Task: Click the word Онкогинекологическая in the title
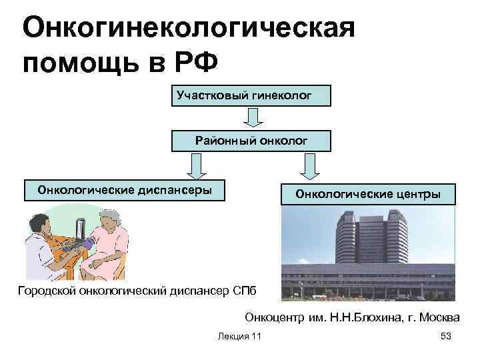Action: point(188,28)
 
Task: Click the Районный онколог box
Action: point(251,141)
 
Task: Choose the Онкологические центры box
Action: point(368,194)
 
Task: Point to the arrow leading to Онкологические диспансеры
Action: point(196,165)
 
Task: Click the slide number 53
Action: point(446,337)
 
